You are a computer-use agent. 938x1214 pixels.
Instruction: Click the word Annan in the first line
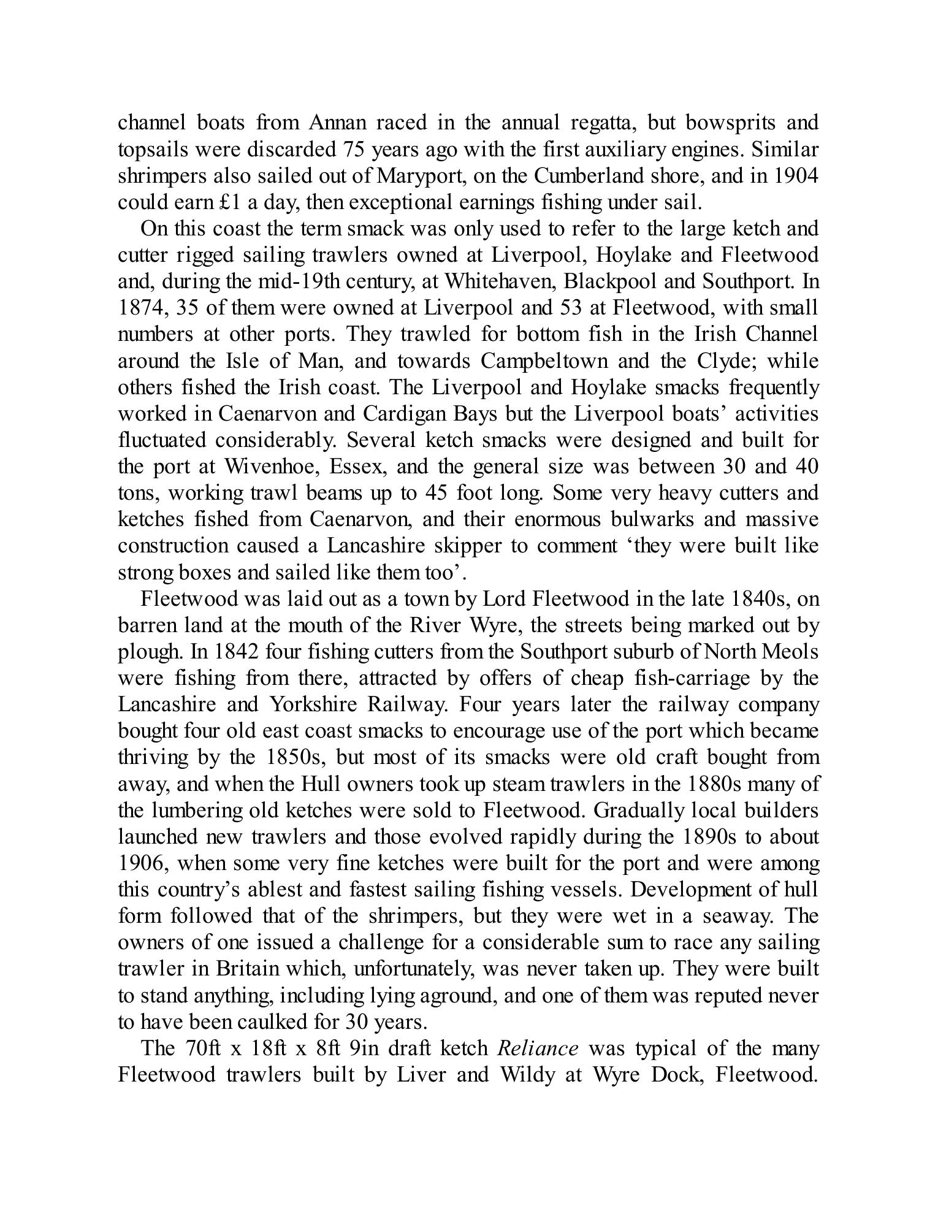coord(337,123)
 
